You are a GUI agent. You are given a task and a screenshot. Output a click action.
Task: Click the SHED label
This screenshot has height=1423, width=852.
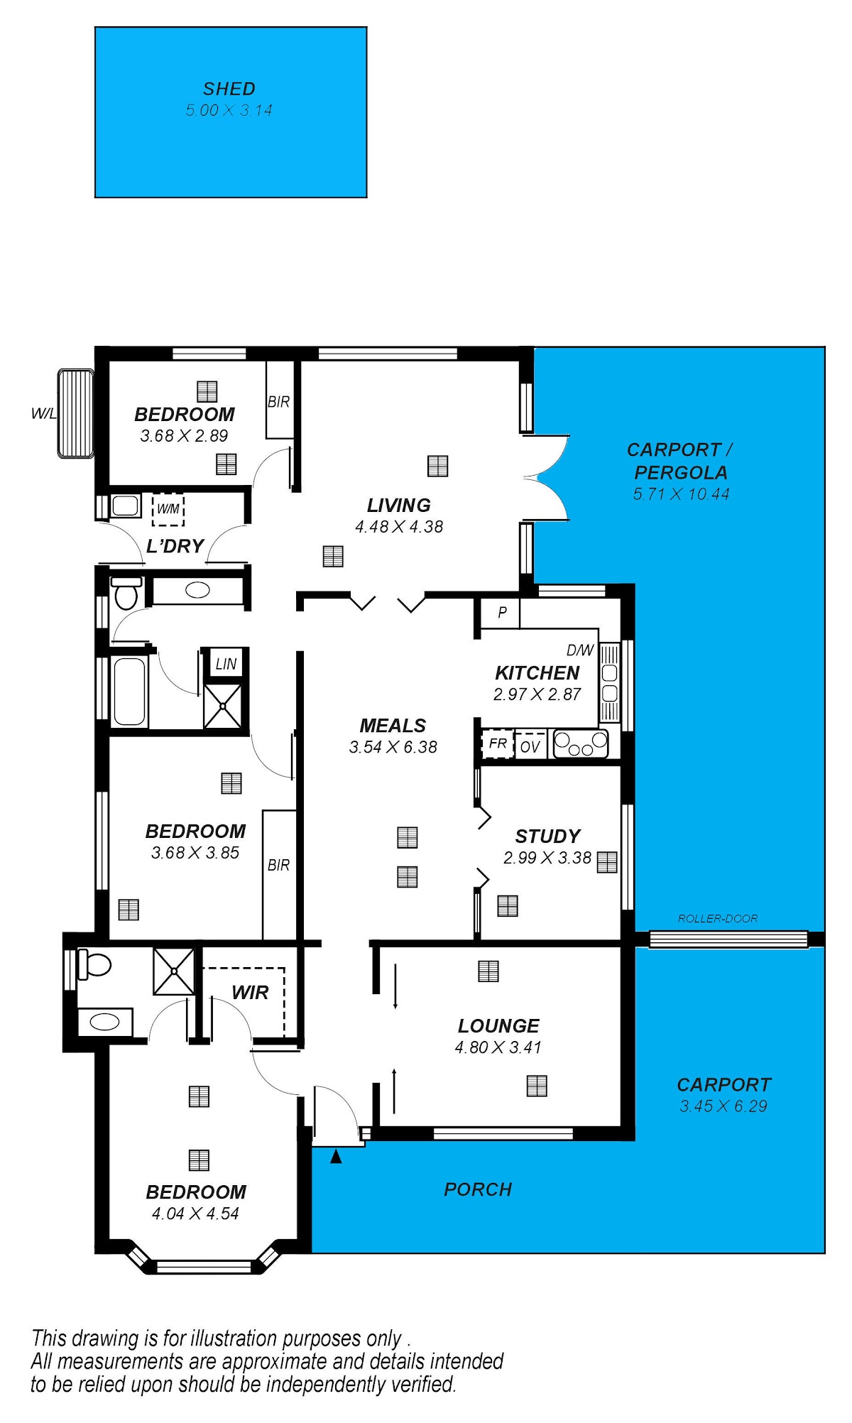coord(229,89)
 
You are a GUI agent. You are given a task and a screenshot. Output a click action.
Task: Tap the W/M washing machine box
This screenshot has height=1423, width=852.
coord(168,509)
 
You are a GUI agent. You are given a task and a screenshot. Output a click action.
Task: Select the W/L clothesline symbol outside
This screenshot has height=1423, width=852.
coord(76,413)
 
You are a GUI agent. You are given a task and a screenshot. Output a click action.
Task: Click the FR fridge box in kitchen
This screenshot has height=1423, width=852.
coord(498,743)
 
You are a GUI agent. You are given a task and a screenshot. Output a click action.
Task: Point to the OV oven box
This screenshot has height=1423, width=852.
coord(530,746)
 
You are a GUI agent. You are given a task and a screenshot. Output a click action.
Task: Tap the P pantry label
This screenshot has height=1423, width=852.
coord(502,612)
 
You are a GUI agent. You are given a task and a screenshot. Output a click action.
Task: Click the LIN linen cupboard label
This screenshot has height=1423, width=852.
coord(226,664)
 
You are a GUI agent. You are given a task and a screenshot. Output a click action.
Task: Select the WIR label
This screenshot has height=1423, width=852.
coord(250,992)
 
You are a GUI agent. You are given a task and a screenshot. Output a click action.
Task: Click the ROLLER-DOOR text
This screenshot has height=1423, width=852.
coord(717,918)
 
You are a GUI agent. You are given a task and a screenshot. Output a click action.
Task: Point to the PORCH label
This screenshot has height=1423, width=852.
coord(478,1189)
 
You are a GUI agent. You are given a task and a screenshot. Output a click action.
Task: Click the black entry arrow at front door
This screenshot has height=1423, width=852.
coord(336,1157)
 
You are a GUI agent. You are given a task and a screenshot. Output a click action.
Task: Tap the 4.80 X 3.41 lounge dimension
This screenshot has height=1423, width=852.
coord(498,1047)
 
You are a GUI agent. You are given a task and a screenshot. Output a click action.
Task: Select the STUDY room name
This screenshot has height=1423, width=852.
coord(547,836)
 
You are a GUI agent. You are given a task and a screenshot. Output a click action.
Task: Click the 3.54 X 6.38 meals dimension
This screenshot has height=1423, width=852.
coord(393,747)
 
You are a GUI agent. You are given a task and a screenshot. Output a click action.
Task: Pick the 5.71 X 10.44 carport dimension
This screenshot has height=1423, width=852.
coord(681,494)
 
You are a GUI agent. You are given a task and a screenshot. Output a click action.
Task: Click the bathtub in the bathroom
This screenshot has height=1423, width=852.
coord(129,692)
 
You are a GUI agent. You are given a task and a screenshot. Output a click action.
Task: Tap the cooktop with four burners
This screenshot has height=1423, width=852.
coord(581,744)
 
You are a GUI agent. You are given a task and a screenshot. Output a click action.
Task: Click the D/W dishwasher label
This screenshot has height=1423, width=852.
coord(580,650)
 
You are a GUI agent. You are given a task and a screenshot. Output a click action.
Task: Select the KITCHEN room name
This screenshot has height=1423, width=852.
coord(537,672)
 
